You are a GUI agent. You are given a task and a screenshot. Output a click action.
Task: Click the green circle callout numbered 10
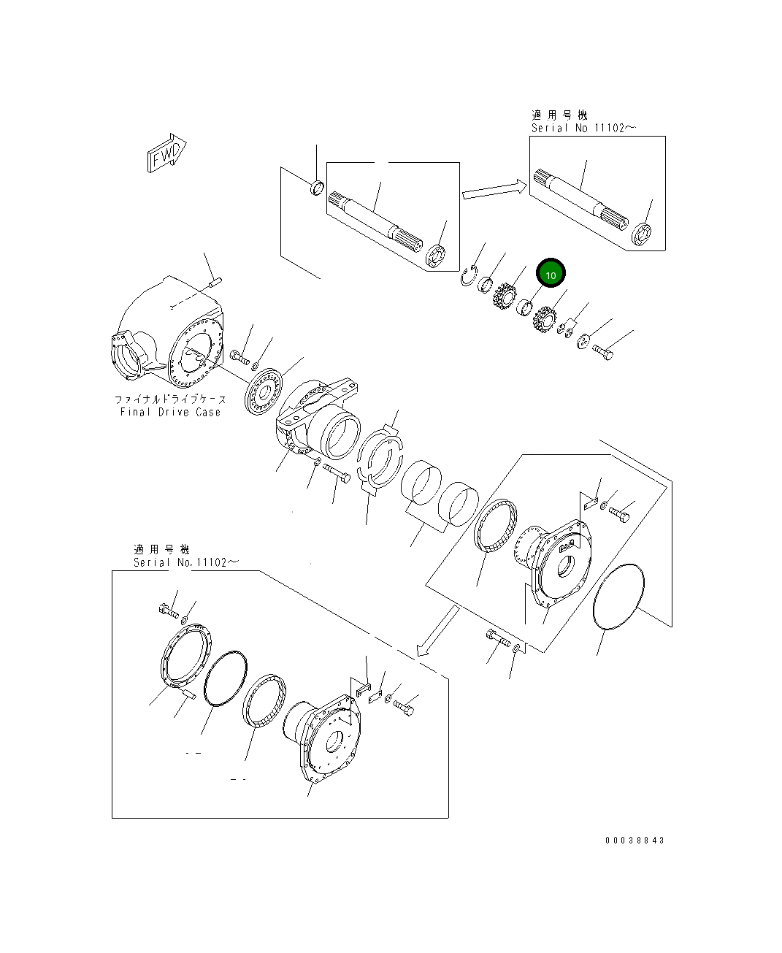pyautogui.click(x=551, y=275)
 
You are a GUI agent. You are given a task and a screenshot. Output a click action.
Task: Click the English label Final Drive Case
pyautogui.click(x=170, y=412)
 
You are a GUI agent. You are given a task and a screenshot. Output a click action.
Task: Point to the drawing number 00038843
pyautogui.click(x=635, y=841)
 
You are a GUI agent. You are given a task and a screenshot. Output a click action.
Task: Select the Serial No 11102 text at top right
pyautogui.click(x=583, y=128)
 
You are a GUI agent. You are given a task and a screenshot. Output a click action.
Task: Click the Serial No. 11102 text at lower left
pyautogui.click(x=185, y=562)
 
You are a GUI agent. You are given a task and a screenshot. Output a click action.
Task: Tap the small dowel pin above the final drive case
pyautogui.click(x=215, y=278)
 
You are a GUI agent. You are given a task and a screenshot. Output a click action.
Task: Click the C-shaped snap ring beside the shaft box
pyautogui.click(x=468, y=276)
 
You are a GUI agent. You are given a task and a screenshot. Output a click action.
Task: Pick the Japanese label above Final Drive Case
pyautogui.click(x=170, y=399)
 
